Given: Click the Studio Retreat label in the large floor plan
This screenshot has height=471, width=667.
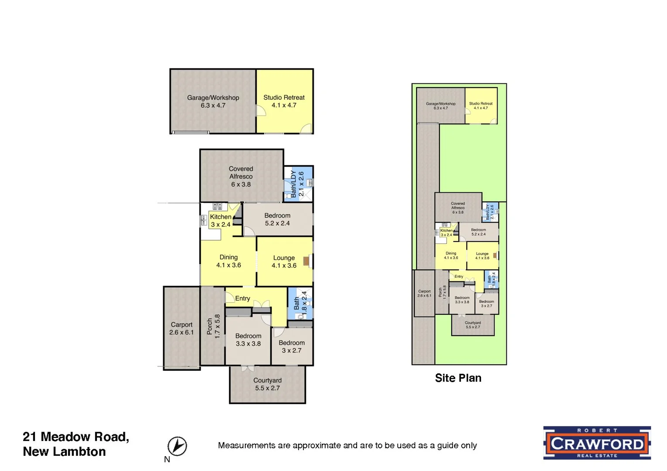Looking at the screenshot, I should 284,98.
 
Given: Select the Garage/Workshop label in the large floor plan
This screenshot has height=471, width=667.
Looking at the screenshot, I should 213,98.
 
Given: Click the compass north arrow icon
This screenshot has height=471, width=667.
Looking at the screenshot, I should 177,446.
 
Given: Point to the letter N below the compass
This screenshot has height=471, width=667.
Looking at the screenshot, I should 167,459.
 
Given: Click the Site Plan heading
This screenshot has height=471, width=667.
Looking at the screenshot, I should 458,378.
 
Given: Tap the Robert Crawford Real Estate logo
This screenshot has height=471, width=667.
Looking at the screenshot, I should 597,443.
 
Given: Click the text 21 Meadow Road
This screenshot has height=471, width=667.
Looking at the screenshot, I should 76,437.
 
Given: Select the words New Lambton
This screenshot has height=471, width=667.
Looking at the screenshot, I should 64,452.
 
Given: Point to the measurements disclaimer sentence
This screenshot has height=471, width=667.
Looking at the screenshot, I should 347,445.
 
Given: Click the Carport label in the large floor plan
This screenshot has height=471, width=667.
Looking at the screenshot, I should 182,324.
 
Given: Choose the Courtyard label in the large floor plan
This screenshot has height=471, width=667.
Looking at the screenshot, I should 267,380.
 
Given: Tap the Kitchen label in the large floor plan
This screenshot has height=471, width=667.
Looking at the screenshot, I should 220,217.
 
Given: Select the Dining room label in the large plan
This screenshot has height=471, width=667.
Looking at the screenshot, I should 228,257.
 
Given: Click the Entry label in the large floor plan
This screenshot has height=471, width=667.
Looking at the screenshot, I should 242,298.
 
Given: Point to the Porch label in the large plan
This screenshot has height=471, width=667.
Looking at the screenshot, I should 210,326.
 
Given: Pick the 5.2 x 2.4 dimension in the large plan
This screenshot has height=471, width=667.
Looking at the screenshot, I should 277,223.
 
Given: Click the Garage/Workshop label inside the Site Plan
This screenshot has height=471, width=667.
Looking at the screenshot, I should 440,104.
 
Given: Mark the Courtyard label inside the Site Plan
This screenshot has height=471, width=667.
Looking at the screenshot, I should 473,323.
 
